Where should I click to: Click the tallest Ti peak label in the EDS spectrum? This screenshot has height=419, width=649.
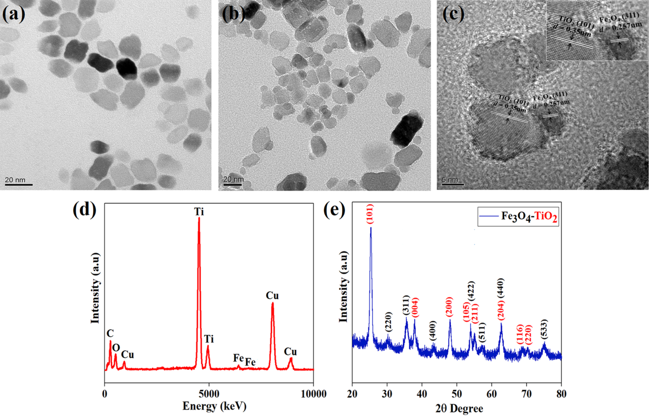199,212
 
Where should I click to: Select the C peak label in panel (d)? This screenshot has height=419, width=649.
110,333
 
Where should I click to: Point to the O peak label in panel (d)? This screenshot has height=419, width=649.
116,347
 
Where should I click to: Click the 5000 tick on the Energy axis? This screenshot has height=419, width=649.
209,394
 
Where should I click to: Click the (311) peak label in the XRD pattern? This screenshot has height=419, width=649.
406,306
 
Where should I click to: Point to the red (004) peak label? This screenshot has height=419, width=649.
415,308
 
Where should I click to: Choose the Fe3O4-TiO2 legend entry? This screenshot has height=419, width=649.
518,217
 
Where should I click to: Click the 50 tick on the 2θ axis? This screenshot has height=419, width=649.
457,394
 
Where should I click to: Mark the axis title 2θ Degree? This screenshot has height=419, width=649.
459,408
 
